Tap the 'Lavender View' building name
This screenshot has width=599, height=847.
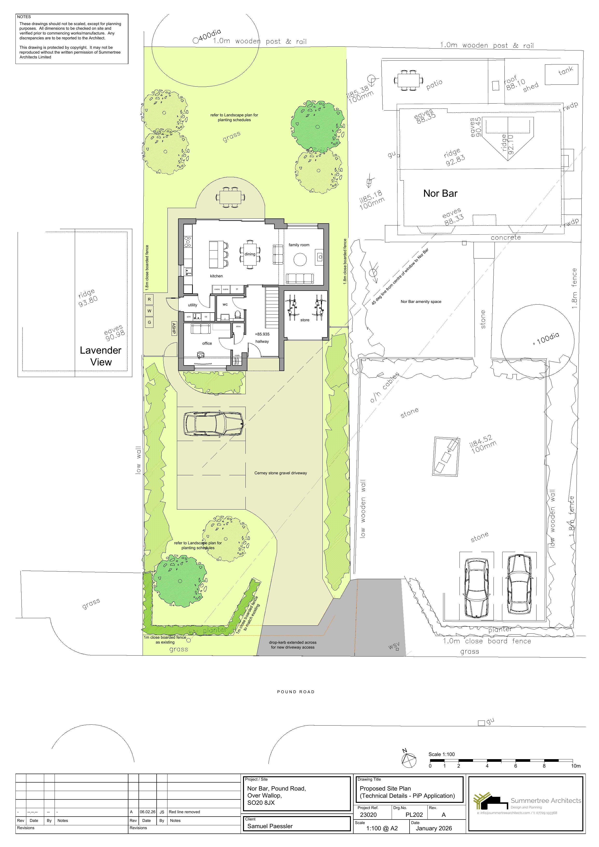click(x=101, y=356)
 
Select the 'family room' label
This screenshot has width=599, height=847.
click(x=299, y=245)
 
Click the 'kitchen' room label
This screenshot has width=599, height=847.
click(x=216, y=276)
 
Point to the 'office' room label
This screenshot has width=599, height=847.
click(x=207, y=343)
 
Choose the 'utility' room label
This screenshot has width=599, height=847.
click(x=193, y=305)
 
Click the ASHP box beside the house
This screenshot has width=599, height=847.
click(x=174, y=328)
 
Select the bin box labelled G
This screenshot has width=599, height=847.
click(x=149, y=322)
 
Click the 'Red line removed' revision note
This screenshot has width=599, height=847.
click(x=184, y=812)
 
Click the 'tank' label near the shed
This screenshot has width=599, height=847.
click(x=565, y=70)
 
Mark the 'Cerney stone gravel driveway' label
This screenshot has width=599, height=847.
click(x=280, y=473)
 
